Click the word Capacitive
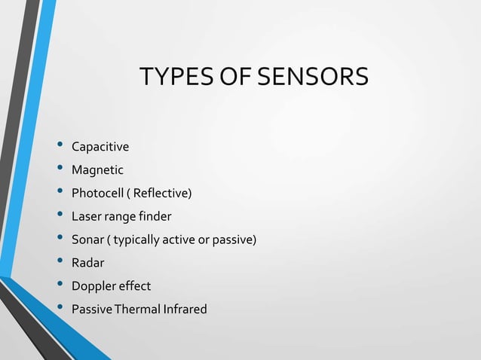pos(100,147)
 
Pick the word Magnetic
pos(97,170)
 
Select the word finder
pos(155,217)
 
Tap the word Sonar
pos(87,240)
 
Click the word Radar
pos(87,263)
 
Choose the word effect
pos(134,286)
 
